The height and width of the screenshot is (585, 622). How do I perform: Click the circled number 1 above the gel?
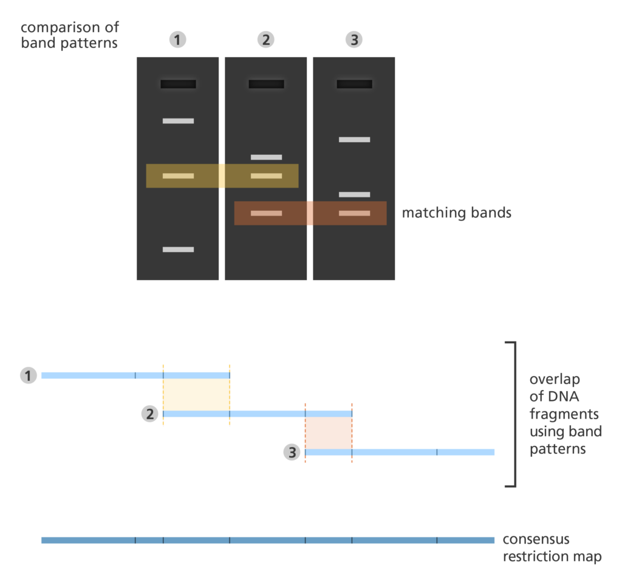click(177, 40)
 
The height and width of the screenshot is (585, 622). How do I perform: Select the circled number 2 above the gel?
click(265, 40)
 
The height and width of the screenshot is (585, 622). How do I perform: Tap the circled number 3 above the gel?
click(354, 40)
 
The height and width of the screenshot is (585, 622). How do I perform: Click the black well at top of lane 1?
click(178, 84)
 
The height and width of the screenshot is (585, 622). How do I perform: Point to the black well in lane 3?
click(354, 84)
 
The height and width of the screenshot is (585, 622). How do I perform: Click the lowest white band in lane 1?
click(178, 249)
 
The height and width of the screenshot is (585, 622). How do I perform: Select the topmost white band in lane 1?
click(178, 121)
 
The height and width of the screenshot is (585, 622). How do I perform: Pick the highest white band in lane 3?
click(354, 140)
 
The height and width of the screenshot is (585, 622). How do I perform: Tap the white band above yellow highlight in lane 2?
click(266, 157)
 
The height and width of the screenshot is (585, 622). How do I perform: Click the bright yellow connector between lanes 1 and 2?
click(222, 176)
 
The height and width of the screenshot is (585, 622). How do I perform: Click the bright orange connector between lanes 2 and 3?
click(310, 213)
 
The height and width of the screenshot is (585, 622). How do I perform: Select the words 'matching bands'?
click(456, 213)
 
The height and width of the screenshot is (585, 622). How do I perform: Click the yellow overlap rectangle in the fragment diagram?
click(196, 394)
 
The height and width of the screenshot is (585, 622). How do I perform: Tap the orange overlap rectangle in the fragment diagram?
click(328, 433)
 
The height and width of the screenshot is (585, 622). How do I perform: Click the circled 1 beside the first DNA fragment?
click(28, 375)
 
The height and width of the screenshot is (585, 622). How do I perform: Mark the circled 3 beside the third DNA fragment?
click(292, 452)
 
